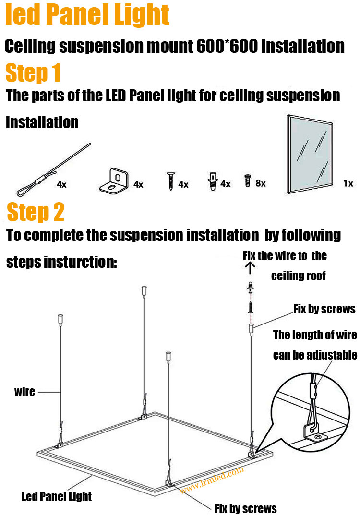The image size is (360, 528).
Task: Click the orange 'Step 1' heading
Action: (33, 73)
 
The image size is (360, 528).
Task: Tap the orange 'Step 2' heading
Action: (36, 212)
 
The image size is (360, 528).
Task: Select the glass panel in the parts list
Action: (310, 154)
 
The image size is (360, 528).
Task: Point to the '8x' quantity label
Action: (261, 183)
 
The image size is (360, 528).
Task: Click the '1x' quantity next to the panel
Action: (348, 183)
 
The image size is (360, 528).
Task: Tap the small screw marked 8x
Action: (248, 180)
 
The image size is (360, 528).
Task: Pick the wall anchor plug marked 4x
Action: (212, 181)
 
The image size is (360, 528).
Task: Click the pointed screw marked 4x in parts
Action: (171, 181)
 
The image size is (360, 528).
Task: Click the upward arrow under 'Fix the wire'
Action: (250, 268)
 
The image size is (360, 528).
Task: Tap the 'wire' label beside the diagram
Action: (24, 392)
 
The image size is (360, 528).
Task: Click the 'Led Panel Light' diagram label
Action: (57, 496)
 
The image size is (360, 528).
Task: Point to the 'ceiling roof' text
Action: (299, 276)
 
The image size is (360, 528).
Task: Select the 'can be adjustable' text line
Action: (315, 355)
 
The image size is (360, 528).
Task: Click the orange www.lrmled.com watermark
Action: (212, 480)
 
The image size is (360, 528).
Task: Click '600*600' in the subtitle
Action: (227, 46)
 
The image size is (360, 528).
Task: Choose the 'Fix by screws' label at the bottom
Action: (246, 508)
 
